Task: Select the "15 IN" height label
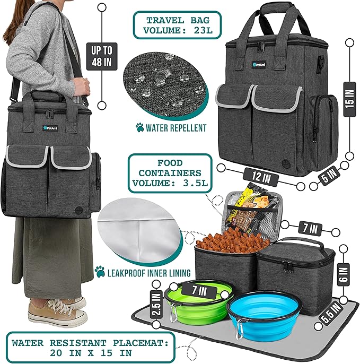pos(348,98)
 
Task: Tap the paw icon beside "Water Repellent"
pos(140,128)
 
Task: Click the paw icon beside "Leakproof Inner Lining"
pos(100,271)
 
